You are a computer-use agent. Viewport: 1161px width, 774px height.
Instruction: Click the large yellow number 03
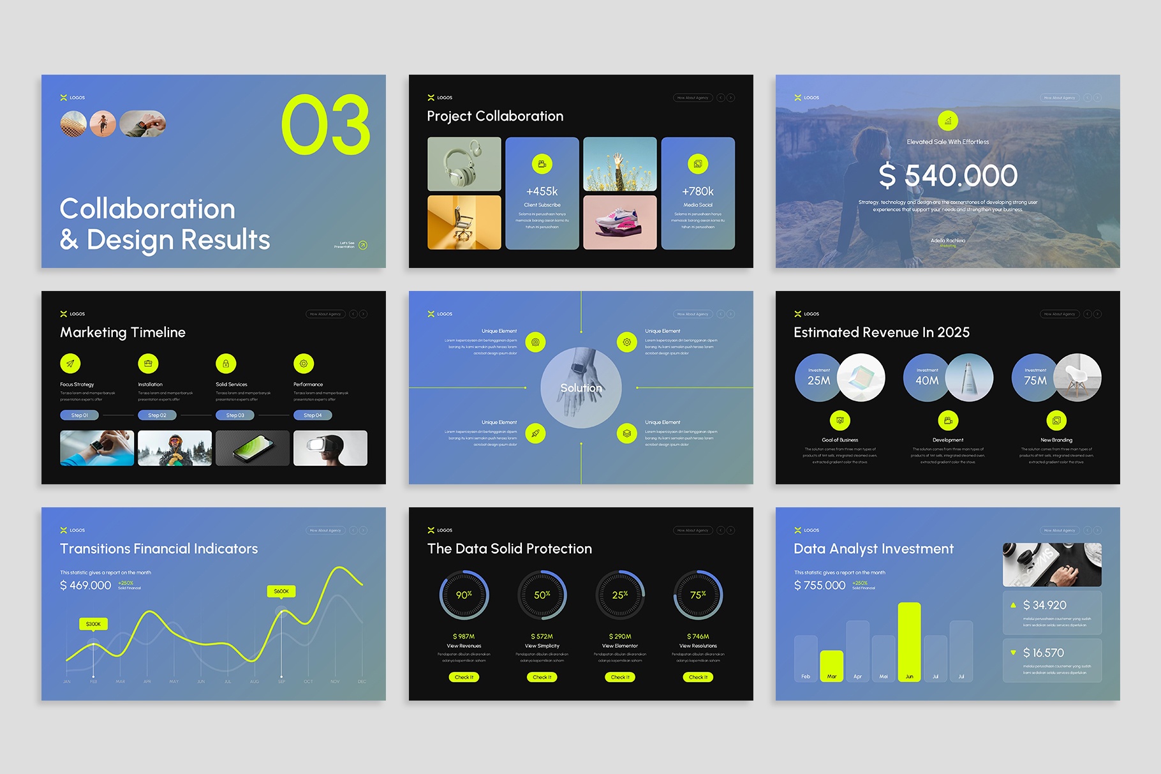pyautogui.click(x=325, y=125)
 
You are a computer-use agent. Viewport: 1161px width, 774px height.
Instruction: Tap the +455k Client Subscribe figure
pyautogui.click(x=542, y=191)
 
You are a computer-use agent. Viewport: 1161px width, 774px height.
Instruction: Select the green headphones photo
pyautogui.click(x=464, y=164)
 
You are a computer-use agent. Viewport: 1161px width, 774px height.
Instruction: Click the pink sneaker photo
pyautogui.click(x=619, y=222)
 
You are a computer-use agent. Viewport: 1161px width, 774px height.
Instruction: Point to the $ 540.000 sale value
pyautogui.click(x=947, y=175)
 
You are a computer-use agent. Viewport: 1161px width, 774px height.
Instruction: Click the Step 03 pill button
pyautogui.click(x=235, y=415)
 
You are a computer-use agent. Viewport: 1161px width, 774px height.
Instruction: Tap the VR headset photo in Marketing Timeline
pyautogui.click(x=330, y=448)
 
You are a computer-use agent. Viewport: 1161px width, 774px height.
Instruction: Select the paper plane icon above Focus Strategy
pyautogui.click(x=70, y=364)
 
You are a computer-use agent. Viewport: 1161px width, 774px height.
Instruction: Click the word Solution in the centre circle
pyautogui.click(x=580, y=388)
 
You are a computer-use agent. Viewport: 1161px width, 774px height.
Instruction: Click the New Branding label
pyautogui.click(x=1056, y=440)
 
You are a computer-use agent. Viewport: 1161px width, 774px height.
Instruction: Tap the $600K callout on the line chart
pyautogui.click(x=281, y=592)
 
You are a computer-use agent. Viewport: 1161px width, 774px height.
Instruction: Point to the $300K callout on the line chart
pyautogui.click(x=93, y=624)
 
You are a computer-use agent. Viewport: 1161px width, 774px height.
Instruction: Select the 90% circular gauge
pyautogui.click(x=464, y=595)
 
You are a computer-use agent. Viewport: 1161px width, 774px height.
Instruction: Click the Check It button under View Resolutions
pyautogui.click(x=698, y=677)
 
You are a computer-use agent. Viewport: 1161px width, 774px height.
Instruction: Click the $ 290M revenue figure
pyautogui.click(x=619, y=636)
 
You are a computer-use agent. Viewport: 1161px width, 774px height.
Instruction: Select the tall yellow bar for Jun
pyautogui.click(x=909, y=641)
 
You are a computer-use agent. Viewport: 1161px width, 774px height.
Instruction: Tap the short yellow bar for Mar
pyautogui.click(x=831, y=666)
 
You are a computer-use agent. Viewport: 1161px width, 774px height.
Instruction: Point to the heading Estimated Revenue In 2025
pyautogui.click(x=881, y=332)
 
